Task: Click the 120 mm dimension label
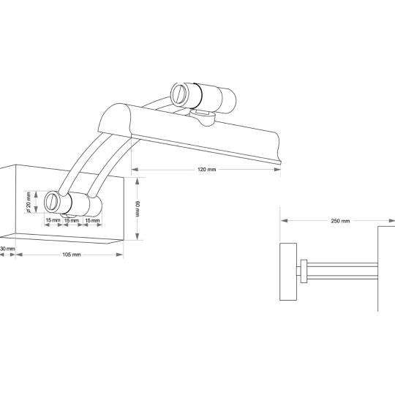(x=206, y=170)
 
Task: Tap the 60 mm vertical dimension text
(x=138, y=208)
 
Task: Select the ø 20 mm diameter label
(x=29, y=202)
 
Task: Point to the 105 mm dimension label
(x=72, y=255)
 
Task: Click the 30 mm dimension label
(x=7, y=249)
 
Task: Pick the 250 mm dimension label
(x=340, y=221)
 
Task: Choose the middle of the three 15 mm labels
(x=72, y=220)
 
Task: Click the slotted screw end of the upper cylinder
(x=179, y=93)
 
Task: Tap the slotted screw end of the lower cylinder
(x=52, y=201)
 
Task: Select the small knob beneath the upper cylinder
(x=203, y=117)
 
